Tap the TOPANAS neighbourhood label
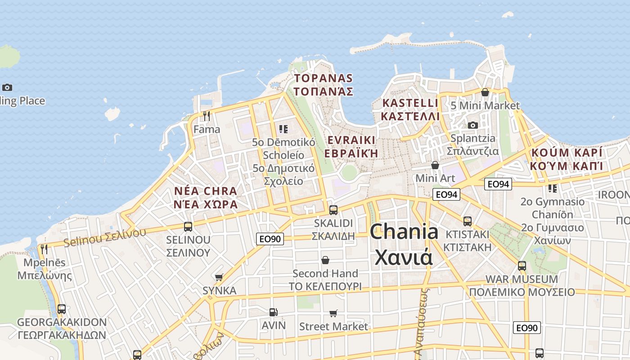click(x=323, y=85)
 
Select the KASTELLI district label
click(x=409, y=109)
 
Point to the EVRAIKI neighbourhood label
click(x=351, y=146)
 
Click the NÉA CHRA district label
click(x=206, y=197)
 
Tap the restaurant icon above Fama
click(x=207, y=116)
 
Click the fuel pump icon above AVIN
click(x=273, y=312)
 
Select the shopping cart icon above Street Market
click(x=333, y=313)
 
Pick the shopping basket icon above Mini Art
click(x=435, y=165)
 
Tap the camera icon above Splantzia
click(x=472, y=125)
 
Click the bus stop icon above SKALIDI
click(x=333, y=210)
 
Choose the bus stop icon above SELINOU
click(x=188, y=226)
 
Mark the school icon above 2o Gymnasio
click(x=552, y=188)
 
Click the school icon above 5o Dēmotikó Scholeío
click(x=283, y=130)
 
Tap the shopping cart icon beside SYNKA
click(x=219, y=277)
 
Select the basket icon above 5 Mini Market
click(x=485, y=92)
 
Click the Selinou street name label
click(x=105, y=237)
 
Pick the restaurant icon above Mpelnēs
click(x=44, y=249)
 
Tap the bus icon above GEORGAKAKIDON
click(x=62, y=309)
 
